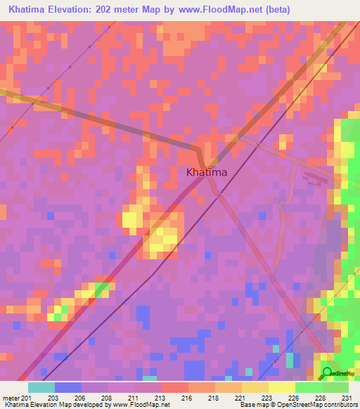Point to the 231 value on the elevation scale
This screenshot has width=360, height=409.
pos(346,398)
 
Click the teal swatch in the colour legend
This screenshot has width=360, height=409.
pos(41,387)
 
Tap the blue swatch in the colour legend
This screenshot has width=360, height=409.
pos(67,387)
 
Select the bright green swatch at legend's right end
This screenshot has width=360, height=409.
pos(335,387)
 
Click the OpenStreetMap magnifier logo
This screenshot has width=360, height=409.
pos(328,372)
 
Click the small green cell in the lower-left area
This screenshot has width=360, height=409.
pos(103,287)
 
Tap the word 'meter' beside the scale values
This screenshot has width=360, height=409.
pos(10,398)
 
